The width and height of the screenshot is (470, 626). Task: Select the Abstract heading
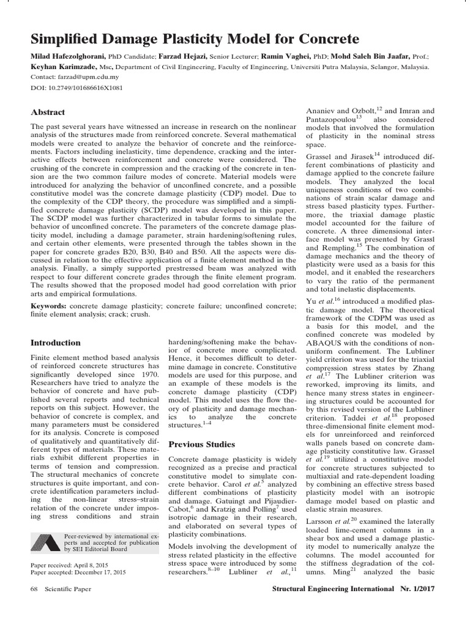[48, 112]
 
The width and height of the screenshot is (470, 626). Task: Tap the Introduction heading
[55, 342]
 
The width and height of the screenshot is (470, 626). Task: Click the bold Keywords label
[48, 304]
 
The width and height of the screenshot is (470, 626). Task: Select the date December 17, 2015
[102, 572]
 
